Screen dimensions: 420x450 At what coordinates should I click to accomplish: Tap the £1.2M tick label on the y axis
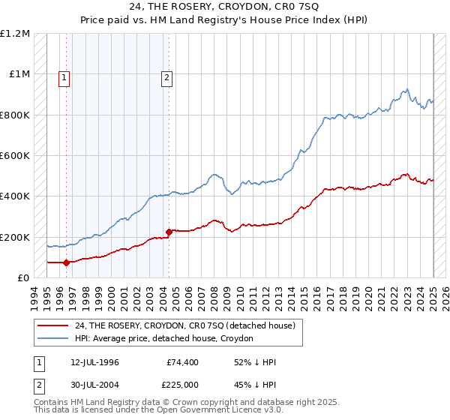[15, 34]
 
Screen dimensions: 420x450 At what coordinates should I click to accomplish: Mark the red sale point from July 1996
[67, 262]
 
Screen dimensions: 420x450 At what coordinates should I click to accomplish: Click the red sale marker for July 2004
[169, 232]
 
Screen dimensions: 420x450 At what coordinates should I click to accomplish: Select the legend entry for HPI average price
[164, 339]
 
